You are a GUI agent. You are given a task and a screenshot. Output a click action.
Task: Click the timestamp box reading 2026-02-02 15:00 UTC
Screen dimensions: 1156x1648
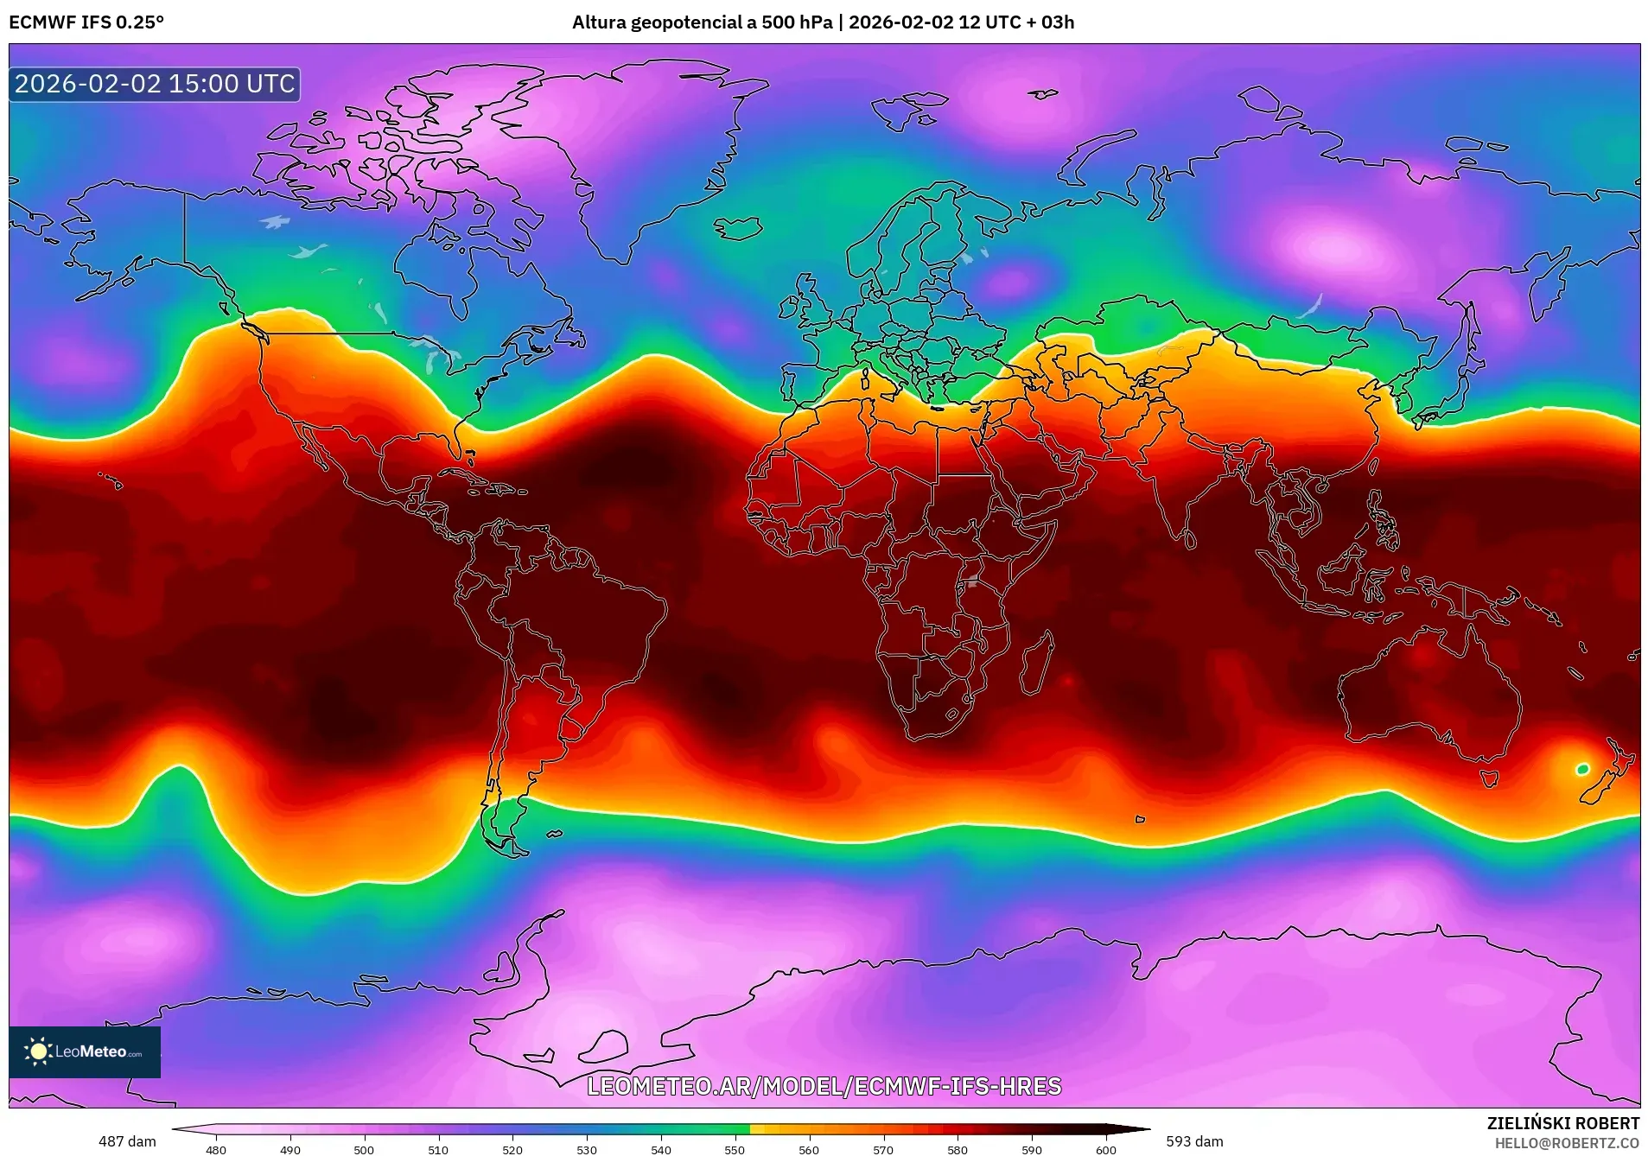(155, 84)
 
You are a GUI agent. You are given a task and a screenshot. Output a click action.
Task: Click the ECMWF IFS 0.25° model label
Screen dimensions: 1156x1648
(86, 22)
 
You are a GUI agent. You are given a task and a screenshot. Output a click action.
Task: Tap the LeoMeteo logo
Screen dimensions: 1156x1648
(85, 1051)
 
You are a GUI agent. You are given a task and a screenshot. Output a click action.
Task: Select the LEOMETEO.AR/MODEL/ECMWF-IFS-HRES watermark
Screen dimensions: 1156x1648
(824, 1086)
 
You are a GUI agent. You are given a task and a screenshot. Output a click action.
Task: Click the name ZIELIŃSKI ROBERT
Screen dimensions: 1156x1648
(1562, 1123)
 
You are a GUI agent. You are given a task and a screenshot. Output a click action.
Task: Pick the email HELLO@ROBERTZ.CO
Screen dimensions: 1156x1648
(1567, 1143)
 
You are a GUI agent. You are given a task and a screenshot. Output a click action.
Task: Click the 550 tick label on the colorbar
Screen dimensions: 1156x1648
(735, 1150)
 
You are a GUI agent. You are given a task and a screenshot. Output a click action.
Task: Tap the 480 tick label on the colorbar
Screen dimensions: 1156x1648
(216, 1150)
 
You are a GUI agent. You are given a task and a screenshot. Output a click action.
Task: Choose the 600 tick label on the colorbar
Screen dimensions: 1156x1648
(1105, 1150)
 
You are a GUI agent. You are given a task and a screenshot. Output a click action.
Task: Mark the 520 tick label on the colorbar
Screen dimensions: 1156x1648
(512, 1150)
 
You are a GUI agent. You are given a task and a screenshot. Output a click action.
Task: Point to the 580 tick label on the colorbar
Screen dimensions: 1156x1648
(957, 1150)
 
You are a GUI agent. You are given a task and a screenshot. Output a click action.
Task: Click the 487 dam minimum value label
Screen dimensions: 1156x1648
(127, 1141)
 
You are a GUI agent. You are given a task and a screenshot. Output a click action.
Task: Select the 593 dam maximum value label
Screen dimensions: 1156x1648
(1194, 1141)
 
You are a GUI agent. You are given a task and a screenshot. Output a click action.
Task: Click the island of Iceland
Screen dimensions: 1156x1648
(738, 228)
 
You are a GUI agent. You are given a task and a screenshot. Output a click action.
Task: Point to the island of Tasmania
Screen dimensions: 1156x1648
(1488, 778)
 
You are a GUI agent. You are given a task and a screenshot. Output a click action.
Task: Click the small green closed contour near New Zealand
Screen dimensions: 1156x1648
(1582, 769)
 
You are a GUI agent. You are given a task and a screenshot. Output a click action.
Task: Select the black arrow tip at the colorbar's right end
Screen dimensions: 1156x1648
(1141, 1128)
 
